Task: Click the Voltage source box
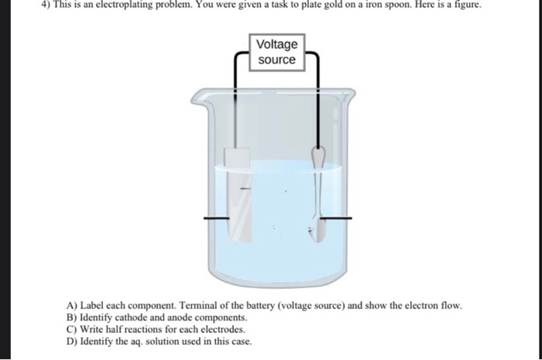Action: click(276, 52)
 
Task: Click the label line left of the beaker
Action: click(217, 218)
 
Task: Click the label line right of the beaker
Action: click(339, 218)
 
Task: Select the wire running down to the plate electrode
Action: click(235, 93)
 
